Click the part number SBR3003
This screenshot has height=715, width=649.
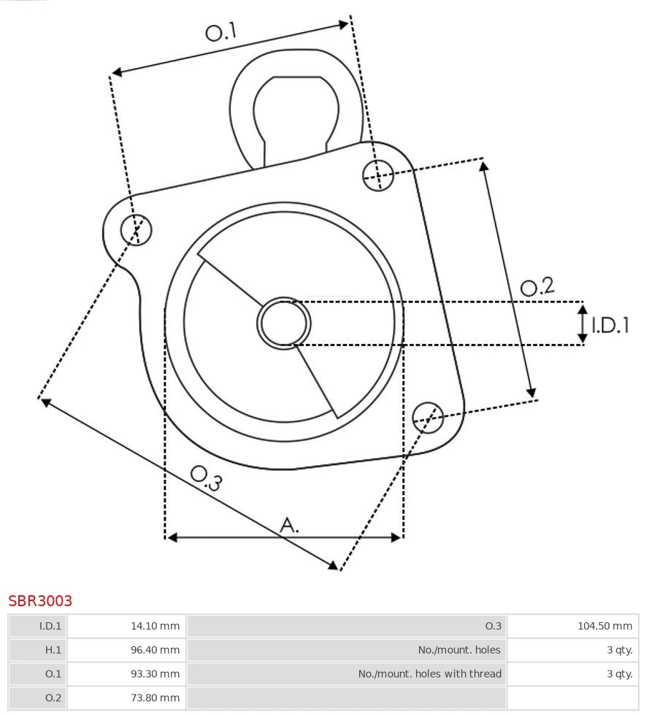point(40,601)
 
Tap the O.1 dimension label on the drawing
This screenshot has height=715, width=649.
point(221,32)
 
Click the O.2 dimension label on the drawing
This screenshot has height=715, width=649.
point(537,286)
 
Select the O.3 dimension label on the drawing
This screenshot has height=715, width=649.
point(206,478)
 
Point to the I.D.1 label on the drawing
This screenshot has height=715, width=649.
point(610,325)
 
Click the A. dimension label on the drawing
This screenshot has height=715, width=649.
point(289,524)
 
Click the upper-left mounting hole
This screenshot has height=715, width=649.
point(137,230)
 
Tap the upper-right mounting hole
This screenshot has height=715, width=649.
point(378,175)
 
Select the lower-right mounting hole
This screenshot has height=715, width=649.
point(428,416)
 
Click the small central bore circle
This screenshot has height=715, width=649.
point(284,323)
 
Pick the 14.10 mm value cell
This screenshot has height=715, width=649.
point(126,626)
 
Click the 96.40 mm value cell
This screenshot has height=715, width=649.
point(126,650)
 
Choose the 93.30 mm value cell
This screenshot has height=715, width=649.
point(126,674)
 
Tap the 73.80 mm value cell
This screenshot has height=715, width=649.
point(126,698)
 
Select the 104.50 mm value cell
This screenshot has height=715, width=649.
point(572,626)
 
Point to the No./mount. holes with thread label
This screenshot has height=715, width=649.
point(429,674)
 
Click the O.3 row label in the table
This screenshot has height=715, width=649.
point(494,626)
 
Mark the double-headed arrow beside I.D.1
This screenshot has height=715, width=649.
point(583,324)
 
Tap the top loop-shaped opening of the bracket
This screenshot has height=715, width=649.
point(296,113)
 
